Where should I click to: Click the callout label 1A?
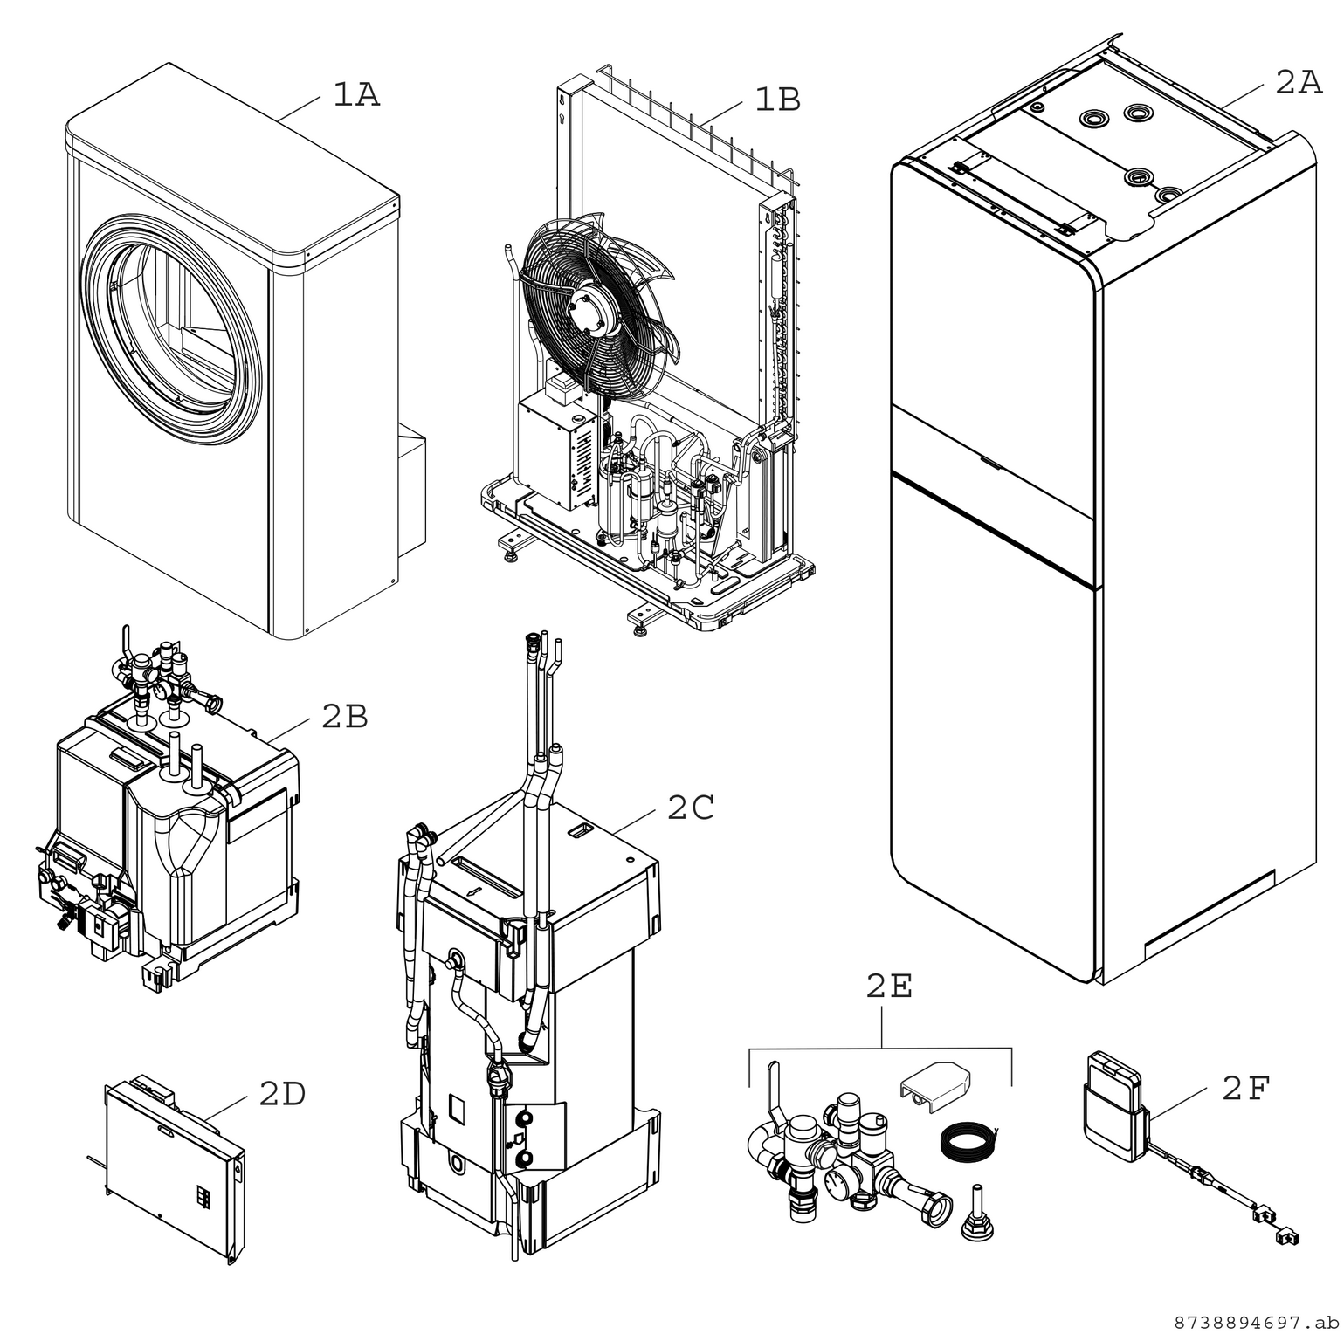356,95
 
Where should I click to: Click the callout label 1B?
776,100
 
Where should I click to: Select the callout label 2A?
1298,83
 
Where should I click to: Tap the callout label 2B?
344,717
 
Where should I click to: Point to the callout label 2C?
691,808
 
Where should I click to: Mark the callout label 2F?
1245,1089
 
